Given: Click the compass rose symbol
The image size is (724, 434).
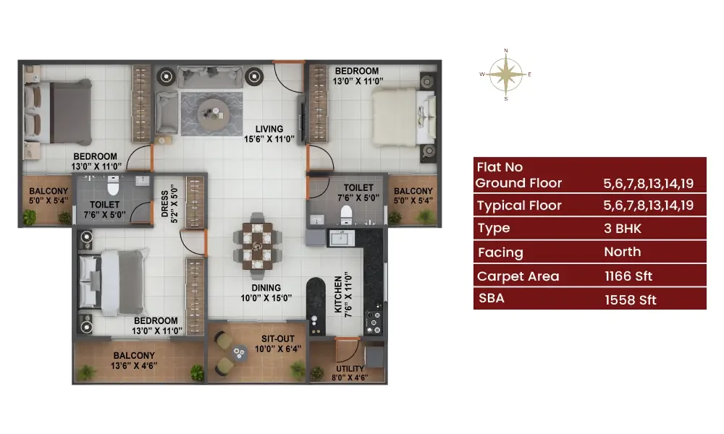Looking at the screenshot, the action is tap(506, 75).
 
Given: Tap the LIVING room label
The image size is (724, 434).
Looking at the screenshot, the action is tap(269, 129).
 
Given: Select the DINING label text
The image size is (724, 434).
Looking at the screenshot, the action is tap(266, 288).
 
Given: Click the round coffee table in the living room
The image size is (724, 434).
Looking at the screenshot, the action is tap(214, 114).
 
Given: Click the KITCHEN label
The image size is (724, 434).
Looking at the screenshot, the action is tap(338, 294).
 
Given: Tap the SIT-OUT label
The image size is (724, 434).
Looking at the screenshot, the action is tap(278, 339).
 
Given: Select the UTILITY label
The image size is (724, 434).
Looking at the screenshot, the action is tap(350, 368).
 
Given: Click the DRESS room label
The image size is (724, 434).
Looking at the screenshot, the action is tap(165, 203).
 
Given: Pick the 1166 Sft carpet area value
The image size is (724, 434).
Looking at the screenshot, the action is tap(628, 276).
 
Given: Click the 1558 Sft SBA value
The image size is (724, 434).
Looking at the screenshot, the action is tap(631, 300).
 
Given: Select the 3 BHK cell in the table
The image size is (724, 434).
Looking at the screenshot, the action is tap(623, 229).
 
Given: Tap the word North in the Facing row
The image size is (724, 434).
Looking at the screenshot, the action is tap(623, 252).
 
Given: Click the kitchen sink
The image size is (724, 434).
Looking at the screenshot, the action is tap(342, 238).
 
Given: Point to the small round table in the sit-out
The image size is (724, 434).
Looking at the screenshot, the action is tap(239, 353).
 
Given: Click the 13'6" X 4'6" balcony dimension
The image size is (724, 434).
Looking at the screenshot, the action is tap(134, 366).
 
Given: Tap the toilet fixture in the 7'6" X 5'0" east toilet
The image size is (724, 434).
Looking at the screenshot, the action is tap(346, 214).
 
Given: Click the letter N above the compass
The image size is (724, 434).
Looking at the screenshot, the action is tap(506, 51).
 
